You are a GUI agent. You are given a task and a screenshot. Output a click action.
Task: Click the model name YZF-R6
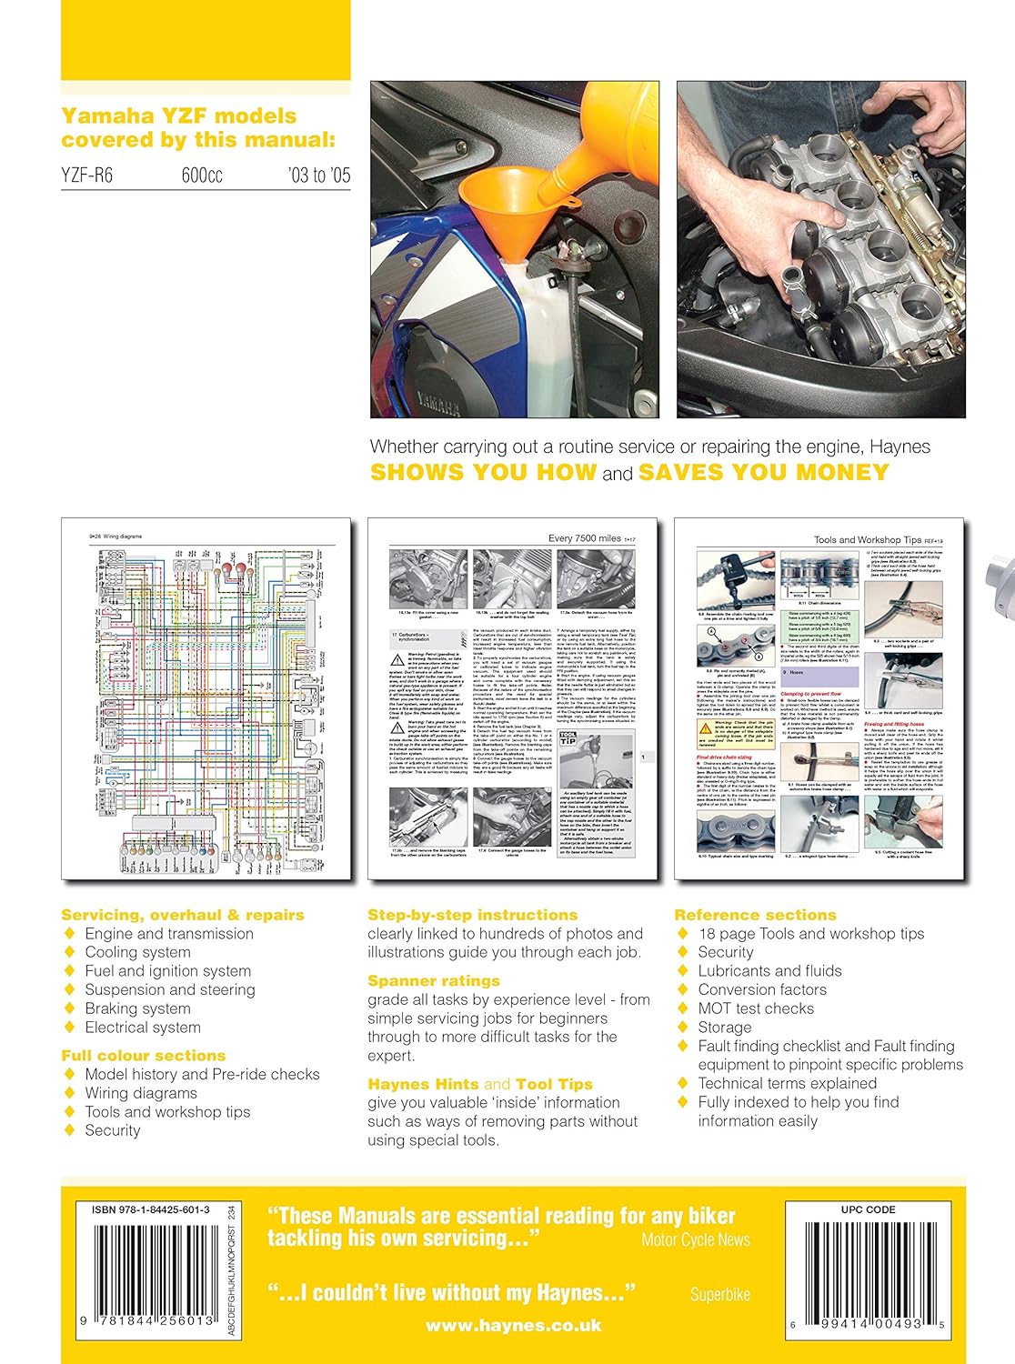pyautogui.click(x=87, y=176)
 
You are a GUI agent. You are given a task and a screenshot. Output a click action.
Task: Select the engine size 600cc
pyautogui.click(x=202, y=176)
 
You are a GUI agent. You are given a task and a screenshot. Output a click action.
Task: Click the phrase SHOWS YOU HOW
pyautogui.click(x=483, y=473)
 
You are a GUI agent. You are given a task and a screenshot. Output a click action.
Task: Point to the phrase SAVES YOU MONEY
pyautogui.click(x=763, y=473)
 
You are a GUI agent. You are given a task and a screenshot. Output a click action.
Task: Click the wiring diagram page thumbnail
pyautogui.click(x=206, y=700)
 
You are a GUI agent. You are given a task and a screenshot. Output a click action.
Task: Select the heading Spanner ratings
pyautogui.click(x=434, y=981)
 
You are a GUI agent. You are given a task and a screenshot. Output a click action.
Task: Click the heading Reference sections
pyautogui.click(x=755, y=915)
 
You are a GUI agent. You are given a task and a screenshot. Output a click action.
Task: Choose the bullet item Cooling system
pyautogui.click(x=137, y=952)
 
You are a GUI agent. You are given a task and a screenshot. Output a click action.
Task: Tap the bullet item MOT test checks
pyautogui.click(x=755, y=1008)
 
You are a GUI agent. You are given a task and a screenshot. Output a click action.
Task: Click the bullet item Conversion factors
pyautogui.click(x=762, y=989)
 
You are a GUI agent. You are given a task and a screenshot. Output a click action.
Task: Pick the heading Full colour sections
pyautogui.click(x=144, y=1056)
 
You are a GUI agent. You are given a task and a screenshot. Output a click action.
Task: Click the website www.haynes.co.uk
pyautogui.click(x=513, y=1326)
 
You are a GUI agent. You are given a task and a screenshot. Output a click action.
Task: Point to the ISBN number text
pyautogui.click(x=150, y=1209)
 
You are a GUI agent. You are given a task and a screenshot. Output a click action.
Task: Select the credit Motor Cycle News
pyautogui.click(x=695, y=1239)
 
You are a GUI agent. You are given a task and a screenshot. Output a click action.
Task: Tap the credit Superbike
pyautogui.click(x=719, y=1295)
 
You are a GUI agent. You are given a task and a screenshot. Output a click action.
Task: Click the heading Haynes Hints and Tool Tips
pyautogui.click(x=479, y=1084)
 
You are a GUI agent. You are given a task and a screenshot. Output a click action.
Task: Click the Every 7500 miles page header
pyautogui.click(x=584, y=538)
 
